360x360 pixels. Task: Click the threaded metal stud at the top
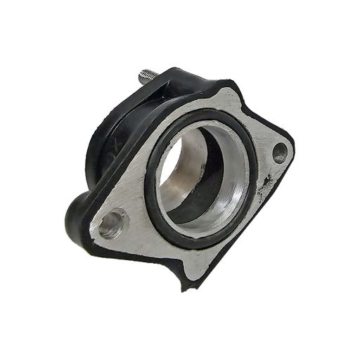click(148, 75)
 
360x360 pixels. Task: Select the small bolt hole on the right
click(280, 152)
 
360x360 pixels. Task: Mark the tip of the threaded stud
click(141, 72)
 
